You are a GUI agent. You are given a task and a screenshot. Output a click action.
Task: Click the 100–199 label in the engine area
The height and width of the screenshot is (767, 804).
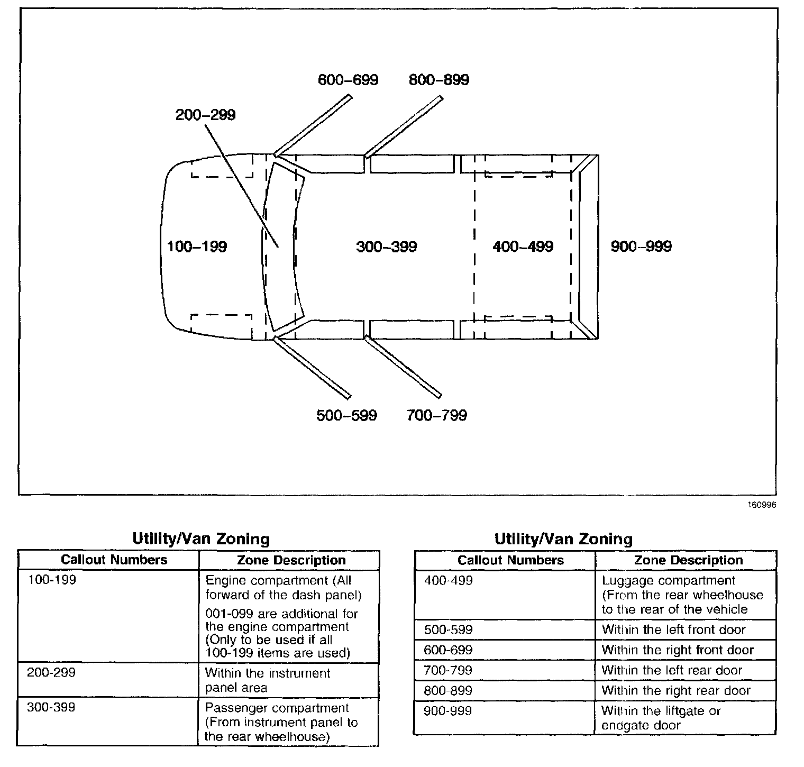click(x=197, y=246)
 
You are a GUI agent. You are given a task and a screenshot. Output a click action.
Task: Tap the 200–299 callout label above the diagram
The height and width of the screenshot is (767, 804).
click(x=205, y=115)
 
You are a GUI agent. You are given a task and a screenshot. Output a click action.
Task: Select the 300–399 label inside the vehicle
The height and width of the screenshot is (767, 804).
click(x=386, y=247)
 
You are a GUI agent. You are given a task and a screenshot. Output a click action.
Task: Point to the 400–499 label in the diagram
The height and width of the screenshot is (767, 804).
click(x=523, y=246)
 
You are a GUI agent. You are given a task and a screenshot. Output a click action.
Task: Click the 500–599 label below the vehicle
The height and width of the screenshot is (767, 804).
click(x=346, y=415)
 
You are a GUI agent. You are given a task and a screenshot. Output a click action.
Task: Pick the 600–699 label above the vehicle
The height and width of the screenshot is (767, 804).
click(x=348, y=80)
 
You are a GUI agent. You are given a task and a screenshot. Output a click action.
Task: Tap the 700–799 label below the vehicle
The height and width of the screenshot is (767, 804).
click(x=436, y=415)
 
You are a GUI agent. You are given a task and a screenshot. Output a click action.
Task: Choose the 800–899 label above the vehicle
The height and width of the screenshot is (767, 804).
click(x=438, y=80)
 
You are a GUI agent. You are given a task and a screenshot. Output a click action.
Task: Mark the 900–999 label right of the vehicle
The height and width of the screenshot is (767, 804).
click(x=641, y=246)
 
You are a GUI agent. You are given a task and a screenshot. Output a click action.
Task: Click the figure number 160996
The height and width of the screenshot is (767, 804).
click(x=762, y=505)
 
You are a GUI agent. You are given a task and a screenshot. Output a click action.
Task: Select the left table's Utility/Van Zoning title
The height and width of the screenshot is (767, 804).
click(x=201, y=539)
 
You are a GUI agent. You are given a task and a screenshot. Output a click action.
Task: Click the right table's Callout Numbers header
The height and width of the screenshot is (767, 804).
click(x=510, y=560)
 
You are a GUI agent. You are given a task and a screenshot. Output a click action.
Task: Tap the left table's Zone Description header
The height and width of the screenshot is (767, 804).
click(x=291, y=560)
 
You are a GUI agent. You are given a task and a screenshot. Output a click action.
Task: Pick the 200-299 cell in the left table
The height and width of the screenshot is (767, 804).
click(x=51, y=672)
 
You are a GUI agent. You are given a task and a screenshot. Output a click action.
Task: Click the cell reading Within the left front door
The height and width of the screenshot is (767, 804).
click(x=673, y=629)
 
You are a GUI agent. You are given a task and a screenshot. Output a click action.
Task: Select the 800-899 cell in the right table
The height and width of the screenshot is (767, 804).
click(x=448, y=690)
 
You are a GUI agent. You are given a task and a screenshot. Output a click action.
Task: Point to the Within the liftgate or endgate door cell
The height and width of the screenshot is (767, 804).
click(x=661, y=718)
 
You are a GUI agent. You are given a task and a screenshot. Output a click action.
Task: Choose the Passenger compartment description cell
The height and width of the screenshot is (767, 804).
click(x=281, y=722)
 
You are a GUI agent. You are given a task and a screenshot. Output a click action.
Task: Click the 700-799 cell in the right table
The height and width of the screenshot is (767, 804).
click(x=448, y=670)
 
